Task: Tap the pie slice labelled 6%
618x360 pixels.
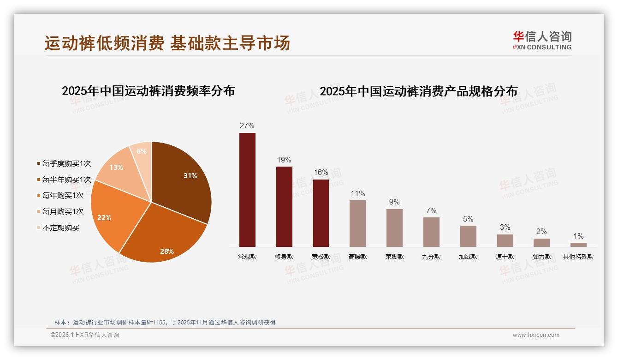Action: [x=141, y=155]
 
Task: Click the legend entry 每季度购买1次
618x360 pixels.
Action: [x=66, y=164]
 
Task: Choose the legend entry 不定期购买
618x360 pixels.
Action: [x=60, y=228]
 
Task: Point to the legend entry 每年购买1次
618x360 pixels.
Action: [x=63, y=196]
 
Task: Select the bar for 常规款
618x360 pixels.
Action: [x=247, y=190]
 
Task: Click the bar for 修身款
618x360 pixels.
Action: [x=284, y=207]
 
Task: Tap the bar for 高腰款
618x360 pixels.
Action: [x=357, y=223]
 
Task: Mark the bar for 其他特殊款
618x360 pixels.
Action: [x=578, y=245]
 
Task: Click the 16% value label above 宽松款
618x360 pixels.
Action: [x=321, y=173]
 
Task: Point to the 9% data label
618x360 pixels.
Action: [x=394, y=202]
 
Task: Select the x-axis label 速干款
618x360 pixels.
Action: [x=505, y=257]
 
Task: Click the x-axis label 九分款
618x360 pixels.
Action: [x=431, y=257]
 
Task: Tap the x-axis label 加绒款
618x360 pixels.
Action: [x=468, y=257]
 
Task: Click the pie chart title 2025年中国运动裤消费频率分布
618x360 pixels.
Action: [x=149, y=91]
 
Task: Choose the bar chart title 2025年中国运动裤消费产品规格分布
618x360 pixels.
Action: [x=419, y=91]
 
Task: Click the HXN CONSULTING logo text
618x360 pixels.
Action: [x=542, y=47]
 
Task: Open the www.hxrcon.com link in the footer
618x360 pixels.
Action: [x=536, y=335]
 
